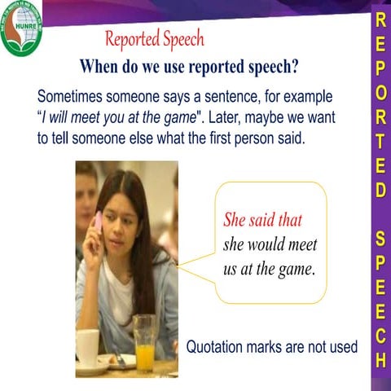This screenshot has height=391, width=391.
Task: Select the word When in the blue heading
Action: [99, 66]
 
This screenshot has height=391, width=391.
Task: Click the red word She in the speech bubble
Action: [235, 220]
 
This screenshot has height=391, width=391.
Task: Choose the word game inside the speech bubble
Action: [295, 268]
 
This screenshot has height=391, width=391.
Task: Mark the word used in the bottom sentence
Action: [340, 346]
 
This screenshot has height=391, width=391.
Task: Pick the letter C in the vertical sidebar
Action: [379, 335]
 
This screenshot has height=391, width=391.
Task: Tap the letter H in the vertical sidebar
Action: [379, 358]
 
